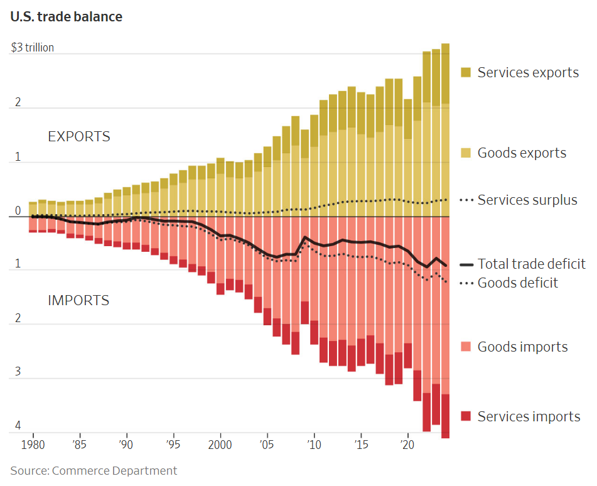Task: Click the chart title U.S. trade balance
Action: pos(66,17)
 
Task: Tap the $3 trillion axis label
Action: pos(32,48)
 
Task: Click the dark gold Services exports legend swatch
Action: pos(466,72)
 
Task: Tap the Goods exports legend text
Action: pos(522,153)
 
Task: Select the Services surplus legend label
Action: pos(527,200)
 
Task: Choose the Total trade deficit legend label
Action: pos(531,264)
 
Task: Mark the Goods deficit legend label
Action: pos(517,283)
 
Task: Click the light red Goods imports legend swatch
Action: pos(466,347)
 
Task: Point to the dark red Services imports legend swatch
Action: pos(466,416)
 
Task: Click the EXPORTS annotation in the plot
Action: pos(79,136)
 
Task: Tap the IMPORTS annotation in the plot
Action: pos(78,300)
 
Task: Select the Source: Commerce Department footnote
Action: pos(94,470)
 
